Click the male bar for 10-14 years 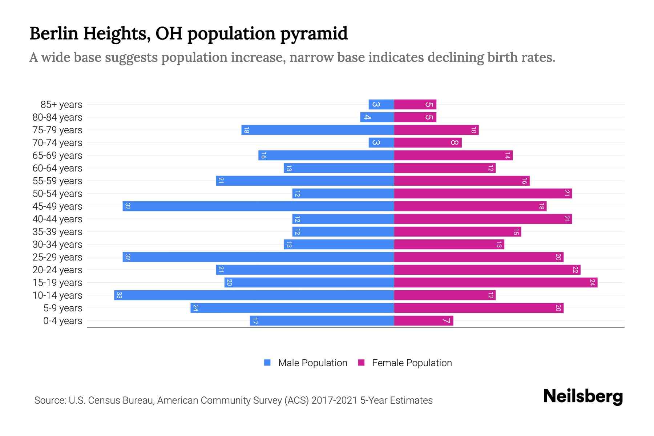[254, 295]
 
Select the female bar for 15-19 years [496, 282]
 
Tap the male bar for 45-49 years [258, 206]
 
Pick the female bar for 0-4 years [424, 320]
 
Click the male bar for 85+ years [381, 104]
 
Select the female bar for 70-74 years [428, 142]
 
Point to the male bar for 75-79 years [318, 130]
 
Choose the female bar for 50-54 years [483, 193]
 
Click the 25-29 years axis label [57, 257]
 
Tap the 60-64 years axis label [57, 168]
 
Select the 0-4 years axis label [62, 321]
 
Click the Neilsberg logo [583, 396]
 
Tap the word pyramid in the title [314, 33]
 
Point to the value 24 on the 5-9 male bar [195, 308]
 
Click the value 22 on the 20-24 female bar [576, 270]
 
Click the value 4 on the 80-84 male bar [367, 117]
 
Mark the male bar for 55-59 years [305, 181]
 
